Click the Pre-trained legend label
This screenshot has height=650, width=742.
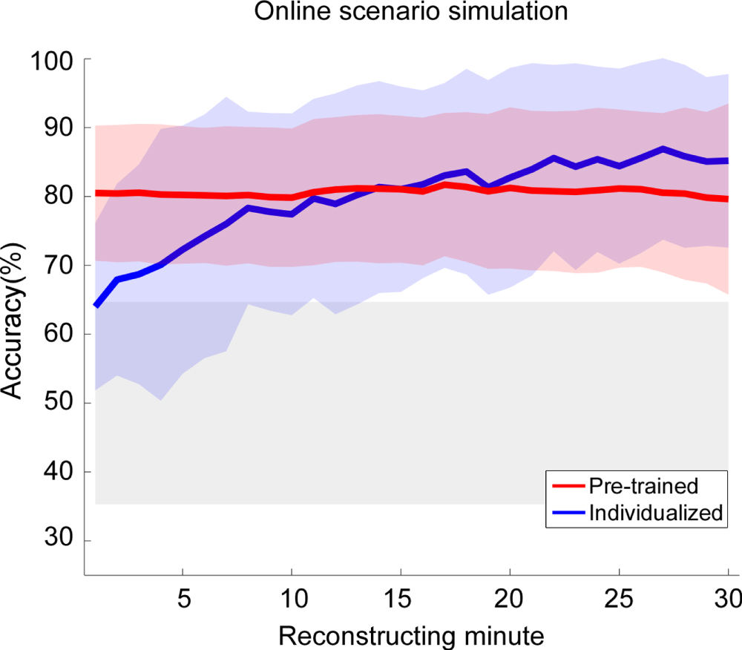643,486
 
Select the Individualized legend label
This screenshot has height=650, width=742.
655,512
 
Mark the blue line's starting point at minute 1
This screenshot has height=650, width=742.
96,306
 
